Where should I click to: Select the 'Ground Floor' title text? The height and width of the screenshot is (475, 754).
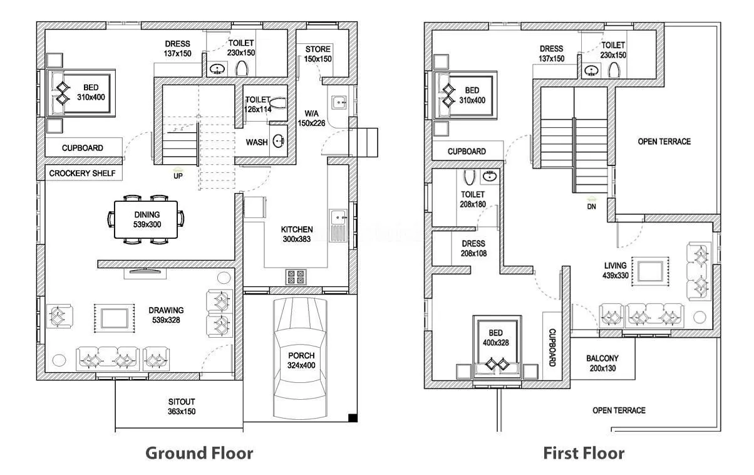pyautogui.click(x=199, y=452)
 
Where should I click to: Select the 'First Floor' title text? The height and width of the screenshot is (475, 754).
pyautogui.click(x=583, y=452)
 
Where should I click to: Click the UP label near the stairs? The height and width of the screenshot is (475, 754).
pyautogui.click(x=178, y=176)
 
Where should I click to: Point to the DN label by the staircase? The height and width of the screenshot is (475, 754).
pyautogui.click(x=591, y=206)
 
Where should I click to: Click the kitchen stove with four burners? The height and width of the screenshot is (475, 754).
pyautogui.click(x=296, y=276)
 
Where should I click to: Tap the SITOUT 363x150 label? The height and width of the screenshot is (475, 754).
pyautogui.click(x=182, y=407)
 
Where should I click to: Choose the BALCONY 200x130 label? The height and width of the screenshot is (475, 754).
pyautogui.click(x=602, y=363)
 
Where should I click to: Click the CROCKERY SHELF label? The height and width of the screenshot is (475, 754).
pyautogui.click(x=83, y=174)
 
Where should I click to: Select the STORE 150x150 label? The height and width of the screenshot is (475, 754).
pyautogui.click(x=318, y=54)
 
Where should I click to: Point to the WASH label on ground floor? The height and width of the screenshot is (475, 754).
pyautogui.click(x=257, y=142)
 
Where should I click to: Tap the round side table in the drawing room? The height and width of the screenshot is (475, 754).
pyautogui.click(x=59, y=360)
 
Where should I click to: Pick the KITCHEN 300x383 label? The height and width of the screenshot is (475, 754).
pyautogui.click(x=297, y=234)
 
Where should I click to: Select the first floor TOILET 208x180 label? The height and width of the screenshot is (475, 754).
pyautogui.click(x=473, y=199)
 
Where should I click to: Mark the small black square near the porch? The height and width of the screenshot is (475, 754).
pyautogui.click(x=353, y=418)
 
